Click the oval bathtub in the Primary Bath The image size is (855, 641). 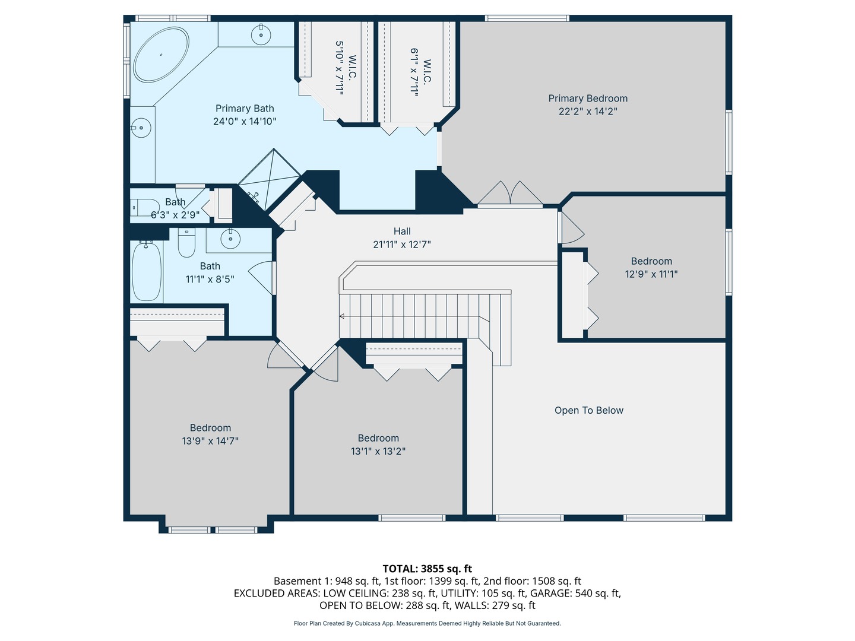161,55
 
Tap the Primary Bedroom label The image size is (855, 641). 588,99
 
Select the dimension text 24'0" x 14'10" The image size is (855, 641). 245,122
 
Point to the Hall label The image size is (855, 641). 402,231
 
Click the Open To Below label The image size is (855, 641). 589,410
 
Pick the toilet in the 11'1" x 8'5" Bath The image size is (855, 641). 186,242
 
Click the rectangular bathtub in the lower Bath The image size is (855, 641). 147,271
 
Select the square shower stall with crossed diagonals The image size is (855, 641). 269,179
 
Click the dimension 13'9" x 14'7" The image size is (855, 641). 210,441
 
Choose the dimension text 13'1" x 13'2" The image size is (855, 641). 378,451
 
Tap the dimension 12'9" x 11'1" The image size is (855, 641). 651,274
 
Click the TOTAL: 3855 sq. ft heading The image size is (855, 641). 427,569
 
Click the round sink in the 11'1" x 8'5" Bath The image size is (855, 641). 230,238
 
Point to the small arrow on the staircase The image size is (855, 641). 342,316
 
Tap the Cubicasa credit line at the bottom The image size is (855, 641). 427,623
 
